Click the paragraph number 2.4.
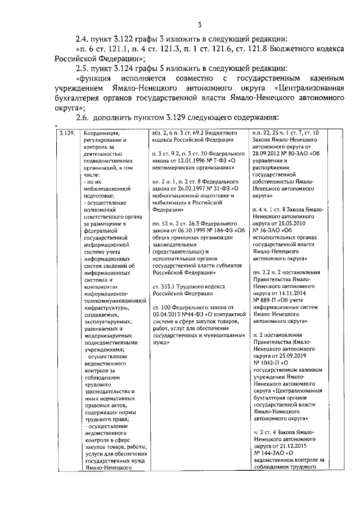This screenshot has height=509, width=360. click(83, 39)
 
